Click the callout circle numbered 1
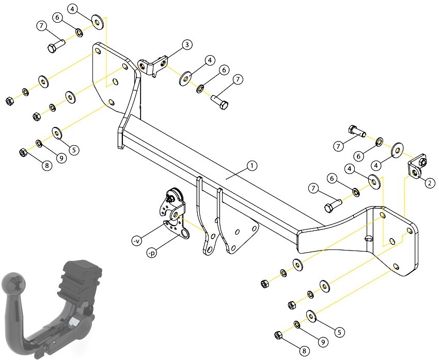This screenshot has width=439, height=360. click(252, 166)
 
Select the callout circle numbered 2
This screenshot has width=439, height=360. click(430, 183)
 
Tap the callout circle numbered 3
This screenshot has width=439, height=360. click(187, 44)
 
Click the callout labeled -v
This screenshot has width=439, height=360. click(136, 241)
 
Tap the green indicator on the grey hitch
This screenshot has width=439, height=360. click(55, 342)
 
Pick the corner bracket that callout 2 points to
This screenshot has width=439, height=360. click(416, 168)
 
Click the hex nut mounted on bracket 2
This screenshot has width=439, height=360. click(424, 162)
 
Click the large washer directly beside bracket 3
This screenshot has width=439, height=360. click(185, 79)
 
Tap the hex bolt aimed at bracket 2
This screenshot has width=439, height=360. click(357, 131)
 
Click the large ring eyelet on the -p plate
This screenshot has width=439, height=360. click(184, 233)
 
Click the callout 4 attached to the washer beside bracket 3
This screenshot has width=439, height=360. click(210, 60)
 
